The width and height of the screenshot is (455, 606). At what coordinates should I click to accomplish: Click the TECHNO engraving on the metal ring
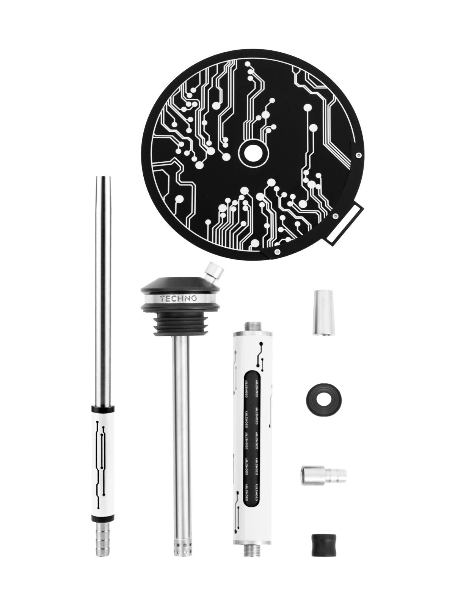[x=179, y=298]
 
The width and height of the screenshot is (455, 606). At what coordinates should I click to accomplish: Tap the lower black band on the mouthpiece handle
[x=102, y=517]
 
